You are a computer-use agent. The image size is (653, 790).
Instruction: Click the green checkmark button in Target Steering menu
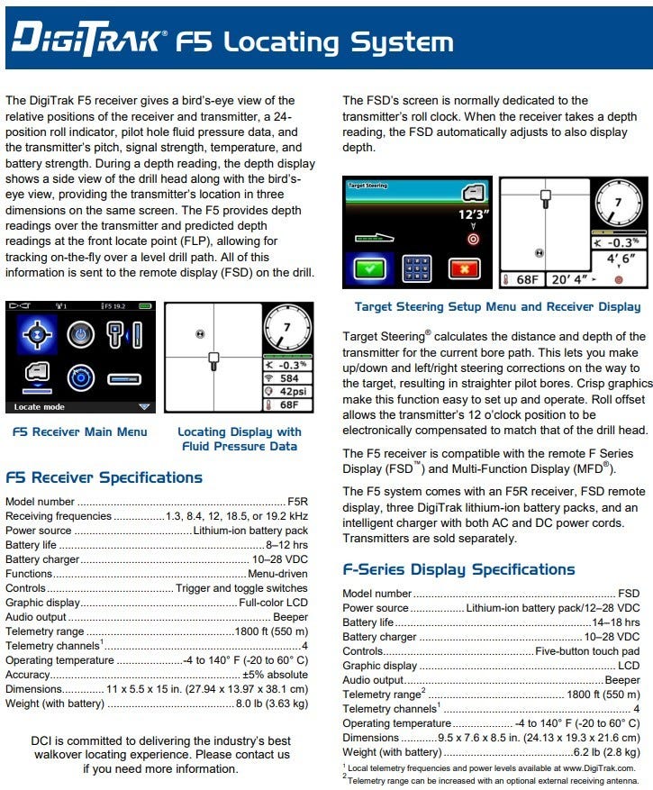coord(368,268)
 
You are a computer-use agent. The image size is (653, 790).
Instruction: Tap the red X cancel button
coord(464,268)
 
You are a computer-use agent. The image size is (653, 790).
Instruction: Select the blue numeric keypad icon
coord(416,268)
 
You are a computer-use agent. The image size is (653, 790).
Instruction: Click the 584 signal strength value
coord(287,378)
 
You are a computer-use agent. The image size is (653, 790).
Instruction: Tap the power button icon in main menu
coord(81,331)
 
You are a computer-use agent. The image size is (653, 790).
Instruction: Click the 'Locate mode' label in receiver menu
coord(41,406)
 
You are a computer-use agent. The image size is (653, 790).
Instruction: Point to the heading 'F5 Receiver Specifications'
coord(104,477)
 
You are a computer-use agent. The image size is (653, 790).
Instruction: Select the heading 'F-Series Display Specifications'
coord(458,569)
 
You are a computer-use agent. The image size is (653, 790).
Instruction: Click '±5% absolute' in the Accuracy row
coord(275,674)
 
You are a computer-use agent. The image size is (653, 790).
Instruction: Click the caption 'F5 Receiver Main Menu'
coord(80,431)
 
